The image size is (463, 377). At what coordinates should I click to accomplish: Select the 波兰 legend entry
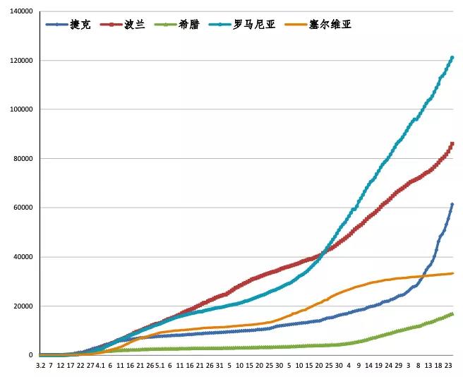point(135,24)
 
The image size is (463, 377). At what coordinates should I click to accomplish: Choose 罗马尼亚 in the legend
point(252,24)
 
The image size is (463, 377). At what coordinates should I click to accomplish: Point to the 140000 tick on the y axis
point(20,11)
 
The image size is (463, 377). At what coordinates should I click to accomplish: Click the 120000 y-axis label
point(20,61)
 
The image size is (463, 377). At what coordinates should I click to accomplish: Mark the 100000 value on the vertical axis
point(20,109)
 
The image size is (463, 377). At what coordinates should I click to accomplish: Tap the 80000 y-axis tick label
point(23,159)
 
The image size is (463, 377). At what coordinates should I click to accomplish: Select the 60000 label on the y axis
point(23,208)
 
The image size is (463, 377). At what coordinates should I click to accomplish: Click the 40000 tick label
point(23,257)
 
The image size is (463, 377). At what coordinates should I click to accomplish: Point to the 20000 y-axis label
point(23,306)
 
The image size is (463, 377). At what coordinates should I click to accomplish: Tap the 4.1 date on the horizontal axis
point(100,366)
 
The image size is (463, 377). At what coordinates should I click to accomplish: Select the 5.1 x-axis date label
point(160,366)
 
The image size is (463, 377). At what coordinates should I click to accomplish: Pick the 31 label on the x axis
point(220,366)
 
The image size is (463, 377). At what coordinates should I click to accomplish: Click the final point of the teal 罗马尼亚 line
point(452,57)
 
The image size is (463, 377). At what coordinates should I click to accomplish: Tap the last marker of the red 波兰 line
point(452,143)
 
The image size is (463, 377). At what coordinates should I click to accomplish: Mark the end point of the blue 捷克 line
point(452,204)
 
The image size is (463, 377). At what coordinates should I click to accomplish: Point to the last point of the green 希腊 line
point(452,313)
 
